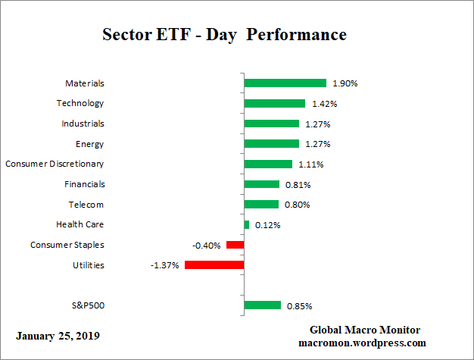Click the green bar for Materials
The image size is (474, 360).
(285, 83)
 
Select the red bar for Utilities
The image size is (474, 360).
(214, 265)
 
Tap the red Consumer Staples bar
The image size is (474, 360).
(235, 245)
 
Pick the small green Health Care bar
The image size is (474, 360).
(247, 224)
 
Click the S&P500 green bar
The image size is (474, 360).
(262, 305)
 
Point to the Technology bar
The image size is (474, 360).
(274, 104)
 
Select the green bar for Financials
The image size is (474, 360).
(261, 184)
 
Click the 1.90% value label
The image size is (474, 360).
(345, 83)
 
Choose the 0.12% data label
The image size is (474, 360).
(267, 225)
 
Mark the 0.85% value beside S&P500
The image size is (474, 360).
(299, 306)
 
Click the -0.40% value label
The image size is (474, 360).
(207, 245)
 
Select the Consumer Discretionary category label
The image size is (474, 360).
(55, 164)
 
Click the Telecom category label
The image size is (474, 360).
(86, 205)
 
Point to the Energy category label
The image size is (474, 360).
(89, 144)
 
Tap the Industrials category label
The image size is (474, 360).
(83, 124)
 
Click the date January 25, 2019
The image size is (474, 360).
(57, 335)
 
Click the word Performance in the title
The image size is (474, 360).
(301, 35)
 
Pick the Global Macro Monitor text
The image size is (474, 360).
(364, 330)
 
